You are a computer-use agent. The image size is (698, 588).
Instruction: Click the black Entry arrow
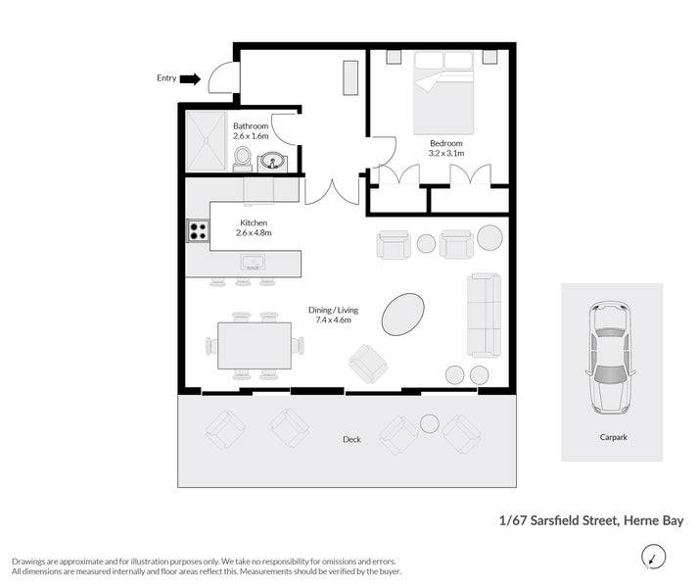click(x=191, y=78)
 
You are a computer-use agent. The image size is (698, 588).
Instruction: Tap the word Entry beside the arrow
click(x=166, y=78)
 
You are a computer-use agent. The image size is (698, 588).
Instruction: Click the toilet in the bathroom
click(x=243, y=158)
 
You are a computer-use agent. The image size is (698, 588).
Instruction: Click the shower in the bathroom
click(x=206, y=140)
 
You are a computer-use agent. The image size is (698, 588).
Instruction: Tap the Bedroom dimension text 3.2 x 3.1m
click(x=445, y=154)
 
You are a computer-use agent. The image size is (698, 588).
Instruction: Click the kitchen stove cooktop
click(x=198, y=231)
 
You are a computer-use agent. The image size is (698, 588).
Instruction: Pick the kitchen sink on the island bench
click(x=252, y=263)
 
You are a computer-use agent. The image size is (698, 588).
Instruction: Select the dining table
click(x=255, y=345)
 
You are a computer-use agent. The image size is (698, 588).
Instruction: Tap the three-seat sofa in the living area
click(x=484, y=315)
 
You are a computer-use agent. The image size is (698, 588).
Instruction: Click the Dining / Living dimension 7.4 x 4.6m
click(x=333, y=319)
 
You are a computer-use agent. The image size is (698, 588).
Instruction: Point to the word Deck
click(x=351, y=439)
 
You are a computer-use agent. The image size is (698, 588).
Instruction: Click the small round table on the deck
click(x=429, y=423)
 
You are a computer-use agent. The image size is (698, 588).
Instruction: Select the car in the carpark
click(x=609, y=357)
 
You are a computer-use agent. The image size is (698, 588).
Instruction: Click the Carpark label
click(x=613, y=437)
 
